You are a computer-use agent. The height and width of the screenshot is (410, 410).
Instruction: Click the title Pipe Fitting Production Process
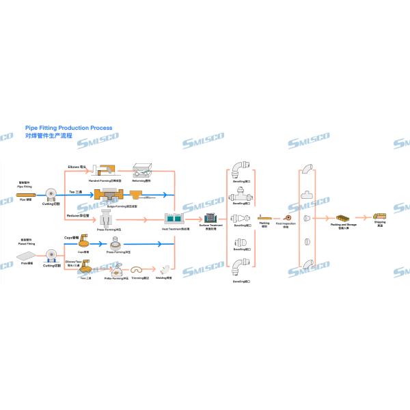68,128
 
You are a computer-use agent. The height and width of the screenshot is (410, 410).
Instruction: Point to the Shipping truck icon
380,217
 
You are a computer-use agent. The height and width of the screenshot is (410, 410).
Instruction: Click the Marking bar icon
264,218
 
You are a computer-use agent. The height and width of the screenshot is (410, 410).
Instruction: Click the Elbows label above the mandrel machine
77,166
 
